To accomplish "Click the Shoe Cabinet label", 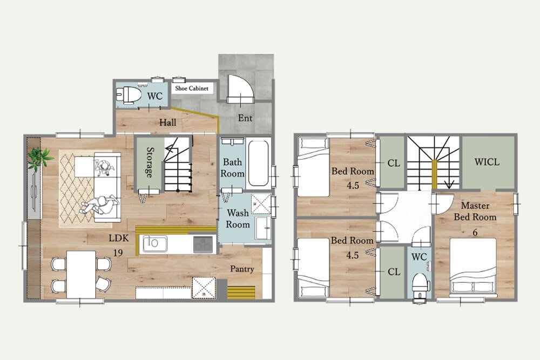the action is tap(192, 89).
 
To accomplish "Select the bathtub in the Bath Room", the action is tap(258, 163).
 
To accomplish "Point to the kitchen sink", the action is tap(155, 243).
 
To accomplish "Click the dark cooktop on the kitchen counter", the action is tap(203, 244).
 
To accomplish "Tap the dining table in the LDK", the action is tap(82, 275).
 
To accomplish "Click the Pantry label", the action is tap(242, 269).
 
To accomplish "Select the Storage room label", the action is tap(150, 162).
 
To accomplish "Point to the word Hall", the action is tap(168, 122).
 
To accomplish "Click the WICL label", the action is tap(487, 162).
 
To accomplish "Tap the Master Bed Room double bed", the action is tap(473, 267).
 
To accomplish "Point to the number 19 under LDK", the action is tap(118, 253).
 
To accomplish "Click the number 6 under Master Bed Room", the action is tap(475, 232).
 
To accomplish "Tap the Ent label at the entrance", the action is tap(245, 118).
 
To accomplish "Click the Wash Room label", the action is tap(238, 219).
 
